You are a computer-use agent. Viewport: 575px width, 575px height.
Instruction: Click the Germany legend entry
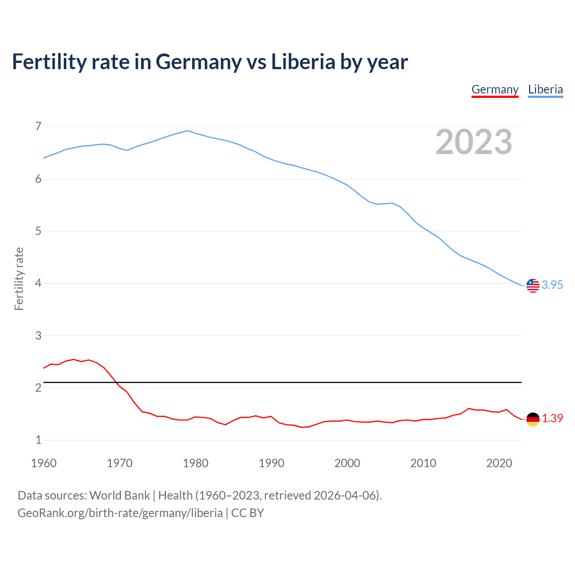pyautogui.click(x=495, y=89)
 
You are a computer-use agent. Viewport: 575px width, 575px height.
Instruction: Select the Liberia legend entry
pyautogui.click(x=545, y=89)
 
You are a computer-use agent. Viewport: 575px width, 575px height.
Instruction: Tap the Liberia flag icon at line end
pyautogui.click(x=533, y=285)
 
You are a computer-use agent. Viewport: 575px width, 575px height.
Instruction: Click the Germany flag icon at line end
pyautogui.click(x=533, y=419)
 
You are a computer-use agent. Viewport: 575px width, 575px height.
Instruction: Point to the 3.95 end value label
pyautogui.click(x=552, y=285)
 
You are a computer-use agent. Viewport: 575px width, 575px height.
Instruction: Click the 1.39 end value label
pyautogui.click(x=552, y=418)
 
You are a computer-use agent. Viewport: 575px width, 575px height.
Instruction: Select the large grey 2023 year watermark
pyautogui.click(x=474, y=142)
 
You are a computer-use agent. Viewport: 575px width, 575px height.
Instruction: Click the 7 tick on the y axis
pyautogui.click(x=38, y=126)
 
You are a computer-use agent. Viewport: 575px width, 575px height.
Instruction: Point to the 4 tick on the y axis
pyautogui.click(x=38, y=283)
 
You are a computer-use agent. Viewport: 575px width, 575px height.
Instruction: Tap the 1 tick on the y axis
pyautogui.click(x=38, y=440)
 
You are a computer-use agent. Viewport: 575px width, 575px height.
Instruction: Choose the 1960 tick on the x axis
pyautogui.click(x=44, y=463)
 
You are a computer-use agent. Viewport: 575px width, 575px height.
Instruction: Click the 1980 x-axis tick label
pyautogui.click(x=195, y=463)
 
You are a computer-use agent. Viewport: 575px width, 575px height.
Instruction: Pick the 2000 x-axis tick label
pyautogui.click(x=347, y=463)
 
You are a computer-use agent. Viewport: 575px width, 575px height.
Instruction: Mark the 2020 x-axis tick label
pyautogui.click(x=499, y=463)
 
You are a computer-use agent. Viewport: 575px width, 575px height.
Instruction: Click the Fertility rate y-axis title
pyautogui.click(x=19, y=279)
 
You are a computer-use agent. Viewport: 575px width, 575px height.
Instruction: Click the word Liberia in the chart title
pyautogui.click(x=303, y=62)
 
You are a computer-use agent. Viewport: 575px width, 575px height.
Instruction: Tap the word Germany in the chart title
pyautogui.click(x=199, y=62)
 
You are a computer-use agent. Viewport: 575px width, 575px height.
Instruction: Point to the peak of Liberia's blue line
pyautogui.click(x=188, y=131)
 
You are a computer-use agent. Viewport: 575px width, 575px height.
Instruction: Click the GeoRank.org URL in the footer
pyautogui.click(x=120, y=513)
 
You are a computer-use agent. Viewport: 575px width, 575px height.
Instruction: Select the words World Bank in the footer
pyautogui.click(x=119, y=495)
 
